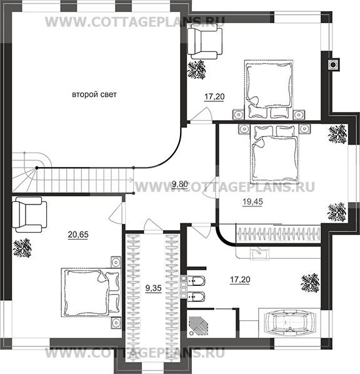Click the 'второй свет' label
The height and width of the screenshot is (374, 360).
94,94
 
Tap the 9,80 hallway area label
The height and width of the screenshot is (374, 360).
180,184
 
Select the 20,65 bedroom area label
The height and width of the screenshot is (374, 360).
78,235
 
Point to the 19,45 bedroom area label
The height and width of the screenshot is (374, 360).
252,202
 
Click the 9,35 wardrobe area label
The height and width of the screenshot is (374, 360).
154,288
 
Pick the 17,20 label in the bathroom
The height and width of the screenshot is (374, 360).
240,280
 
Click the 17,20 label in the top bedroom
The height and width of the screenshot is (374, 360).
214,97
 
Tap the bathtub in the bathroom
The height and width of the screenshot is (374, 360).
290,323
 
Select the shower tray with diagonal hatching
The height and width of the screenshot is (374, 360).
198,325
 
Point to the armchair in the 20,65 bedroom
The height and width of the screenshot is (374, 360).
29,215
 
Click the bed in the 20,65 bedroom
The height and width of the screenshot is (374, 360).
91,293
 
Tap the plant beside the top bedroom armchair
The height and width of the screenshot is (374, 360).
196,69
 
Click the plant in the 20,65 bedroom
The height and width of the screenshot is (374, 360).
22,248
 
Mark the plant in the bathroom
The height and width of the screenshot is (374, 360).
310,283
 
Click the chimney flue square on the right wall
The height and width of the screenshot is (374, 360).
333,64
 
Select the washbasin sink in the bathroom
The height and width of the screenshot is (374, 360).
259,254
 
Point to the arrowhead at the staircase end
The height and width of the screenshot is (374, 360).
131,180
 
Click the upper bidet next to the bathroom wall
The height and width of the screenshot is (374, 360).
196,281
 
